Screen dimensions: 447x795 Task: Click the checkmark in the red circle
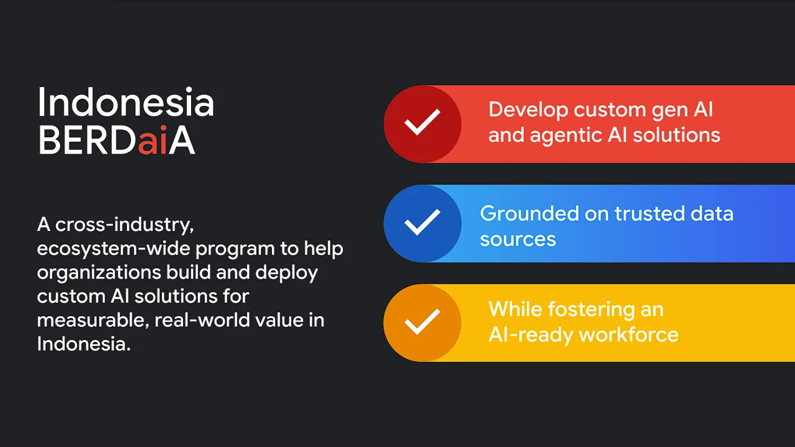tap(422, 123)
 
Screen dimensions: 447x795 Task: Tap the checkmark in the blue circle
tap(422, 223)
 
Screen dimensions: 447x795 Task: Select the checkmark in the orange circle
tap(422, 323)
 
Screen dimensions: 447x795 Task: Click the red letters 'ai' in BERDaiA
tap(152, 141)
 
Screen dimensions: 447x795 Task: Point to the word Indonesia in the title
tap(126, 103)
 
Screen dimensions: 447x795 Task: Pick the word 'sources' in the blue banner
tap(517, 239)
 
